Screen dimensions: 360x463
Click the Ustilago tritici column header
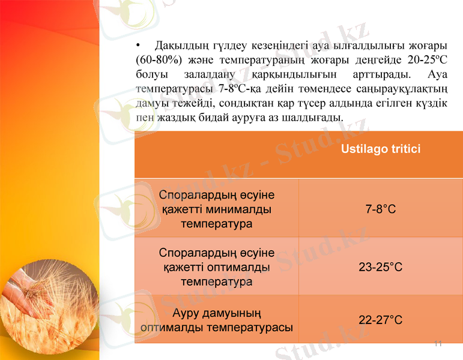(x=380, y=149)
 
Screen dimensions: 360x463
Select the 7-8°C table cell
(x=380, y=210)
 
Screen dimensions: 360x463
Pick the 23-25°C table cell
(x=380, y=267)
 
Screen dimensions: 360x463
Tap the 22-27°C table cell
(x=380, y=320)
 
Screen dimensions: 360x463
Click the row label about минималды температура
(x=216, y=210)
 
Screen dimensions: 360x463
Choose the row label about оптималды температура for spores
(x=216, y=267)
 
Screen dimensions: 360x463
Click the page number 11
(x=437, y=344)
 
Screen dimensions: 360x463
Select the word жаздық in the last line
(x=174, y=118)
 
